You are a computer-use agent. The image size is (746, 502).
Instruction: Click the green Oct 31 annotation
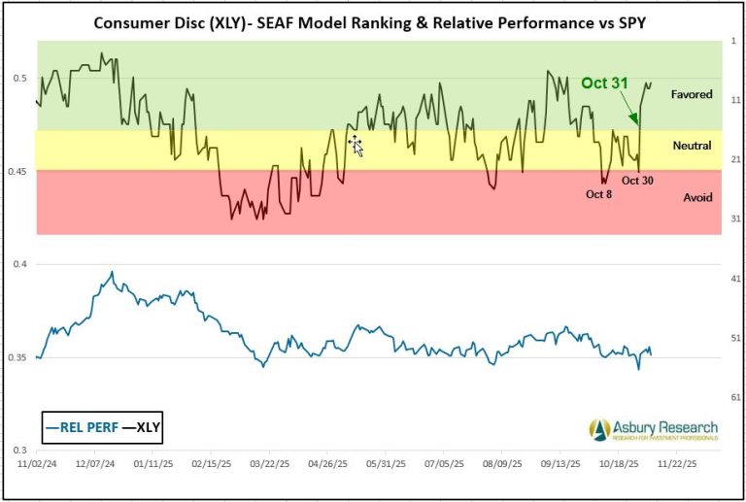click(605, 84)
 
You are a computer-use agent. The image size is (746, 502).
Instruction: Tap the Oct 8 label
click(598, 193)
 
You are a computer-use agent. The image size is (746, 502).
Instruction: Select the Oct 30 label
click(637, 180)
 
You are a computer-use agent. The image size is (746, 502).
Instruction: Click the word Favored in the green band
click(692, 95)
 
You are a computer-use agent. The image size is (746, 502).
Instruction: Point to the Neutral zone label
click(692, 146)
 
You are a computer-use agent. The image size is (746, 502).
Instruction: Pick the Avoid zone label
click(697, 197)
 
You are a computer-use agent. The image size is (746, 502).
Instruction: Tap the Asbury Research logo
click(653, 429)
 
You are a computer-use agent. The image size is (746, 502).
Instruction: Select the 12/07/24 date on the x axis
click(98, 464)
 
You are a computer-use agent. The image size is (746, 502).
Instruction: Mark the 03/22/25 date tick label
click(271, 464)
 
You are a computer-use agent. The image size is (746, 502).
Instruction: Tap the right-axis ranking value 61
click(735, 398)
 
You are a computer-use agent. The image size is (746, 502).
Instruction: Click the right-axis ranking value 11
click(735, 100)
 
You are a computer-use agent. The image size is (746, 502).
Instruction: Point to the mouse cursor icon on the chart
click(356, 146)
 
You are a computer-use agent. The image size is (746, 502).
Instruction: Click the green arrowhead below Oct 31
click(635, 119)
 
